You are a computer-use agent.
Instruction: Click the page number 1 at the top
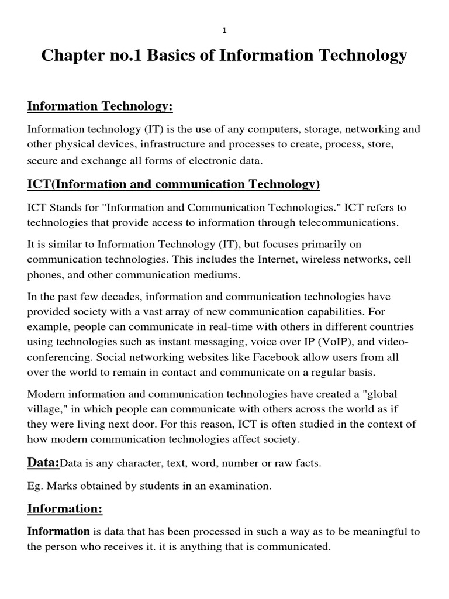point(224,32)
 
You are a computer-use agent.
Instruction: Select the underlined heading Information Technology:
point(101,106)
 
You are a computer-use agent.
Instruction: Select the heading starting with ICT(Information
point(174,185)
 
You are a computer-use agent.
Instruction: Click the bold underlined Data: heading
point(43,463)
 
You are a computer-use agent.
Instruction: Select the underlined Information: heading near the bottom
point(65,509)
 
